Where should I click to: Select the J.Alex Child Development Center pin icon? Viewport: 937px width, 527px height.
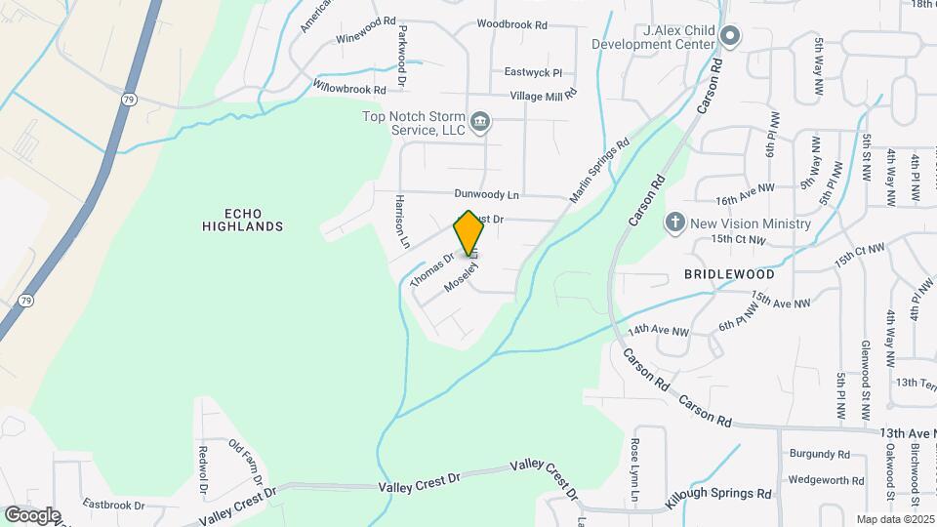click(729, 38)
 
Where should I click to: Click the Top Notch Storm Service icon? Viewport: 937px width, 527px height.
click(480, 122)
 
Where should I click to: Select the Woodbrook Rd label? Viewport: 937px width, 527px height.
click(511, 22)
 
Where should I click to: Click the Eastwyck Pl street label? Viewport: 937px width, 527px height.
click(534, 72)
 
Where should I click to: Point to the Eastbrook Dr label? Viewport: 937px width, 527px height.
click(113, 506)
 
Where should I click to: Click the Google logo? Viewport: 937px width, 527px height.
click(32, 514)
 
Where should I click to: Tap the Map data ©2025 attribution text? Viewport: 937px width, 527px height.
click(894, 519)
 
